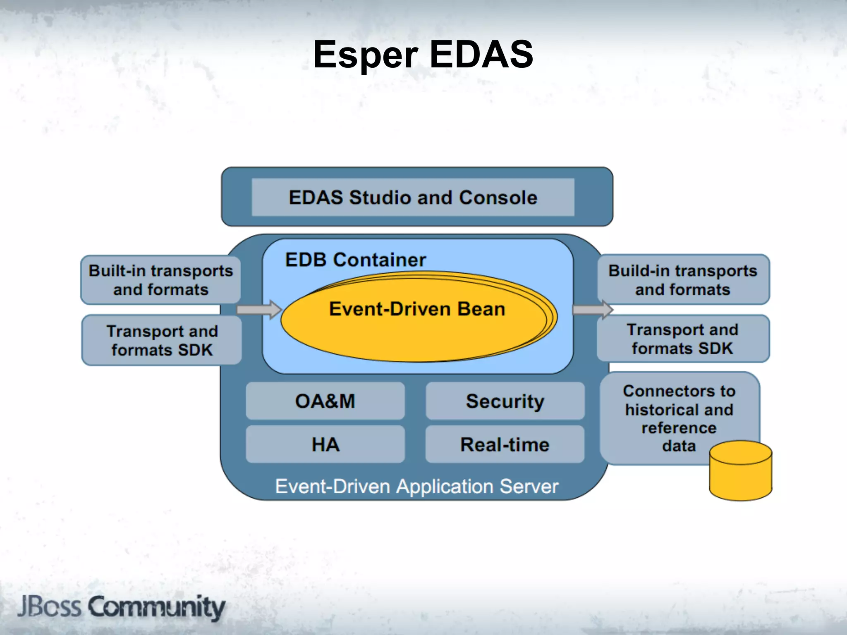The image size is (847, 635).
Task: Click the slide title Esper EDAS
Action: [x=423, y=55]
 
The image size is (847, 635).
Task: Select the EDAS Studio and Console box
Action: [x=413, y=197]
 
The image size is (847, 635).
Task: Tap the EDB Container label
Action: [x=355, y=260]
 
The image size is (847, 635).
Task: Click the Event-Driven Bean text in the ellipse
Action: [x=417, y=309]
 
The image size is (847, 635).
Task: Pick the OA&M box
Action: [x=325, y=401]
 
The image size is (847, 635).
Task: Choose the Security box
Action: [x=505, y=401]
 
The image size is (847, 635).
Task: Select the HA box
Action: [x=325, y=444]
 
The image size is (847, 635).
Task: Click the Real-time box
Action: [x=505, y=444]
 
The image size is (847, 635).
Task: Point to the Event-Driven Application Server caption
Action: [x=416, y=486]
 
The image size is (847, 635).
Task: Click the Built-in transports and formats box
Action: [x=160, y=280]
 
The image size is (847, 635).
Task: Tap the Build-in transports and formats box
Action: [x=683, y=280]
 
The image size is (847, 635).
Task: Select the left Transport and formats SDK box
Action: [x=162, y=340]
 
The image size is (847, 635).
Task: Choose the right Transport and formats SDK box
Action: [x=683, y=339]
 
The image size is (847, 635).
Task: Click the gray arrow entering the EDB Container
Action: [x=258, y=310]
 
